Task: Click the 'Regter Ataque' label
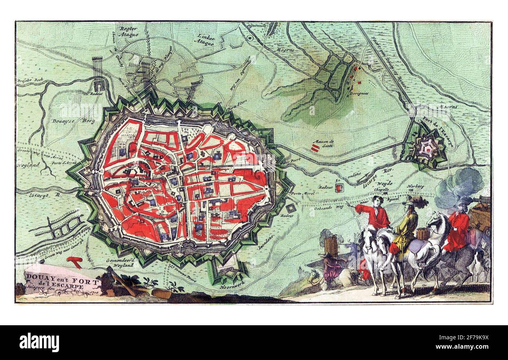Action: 129,31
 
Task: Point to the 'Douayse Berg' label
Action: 73,121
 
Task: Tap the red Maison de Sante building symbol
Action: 315,147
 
